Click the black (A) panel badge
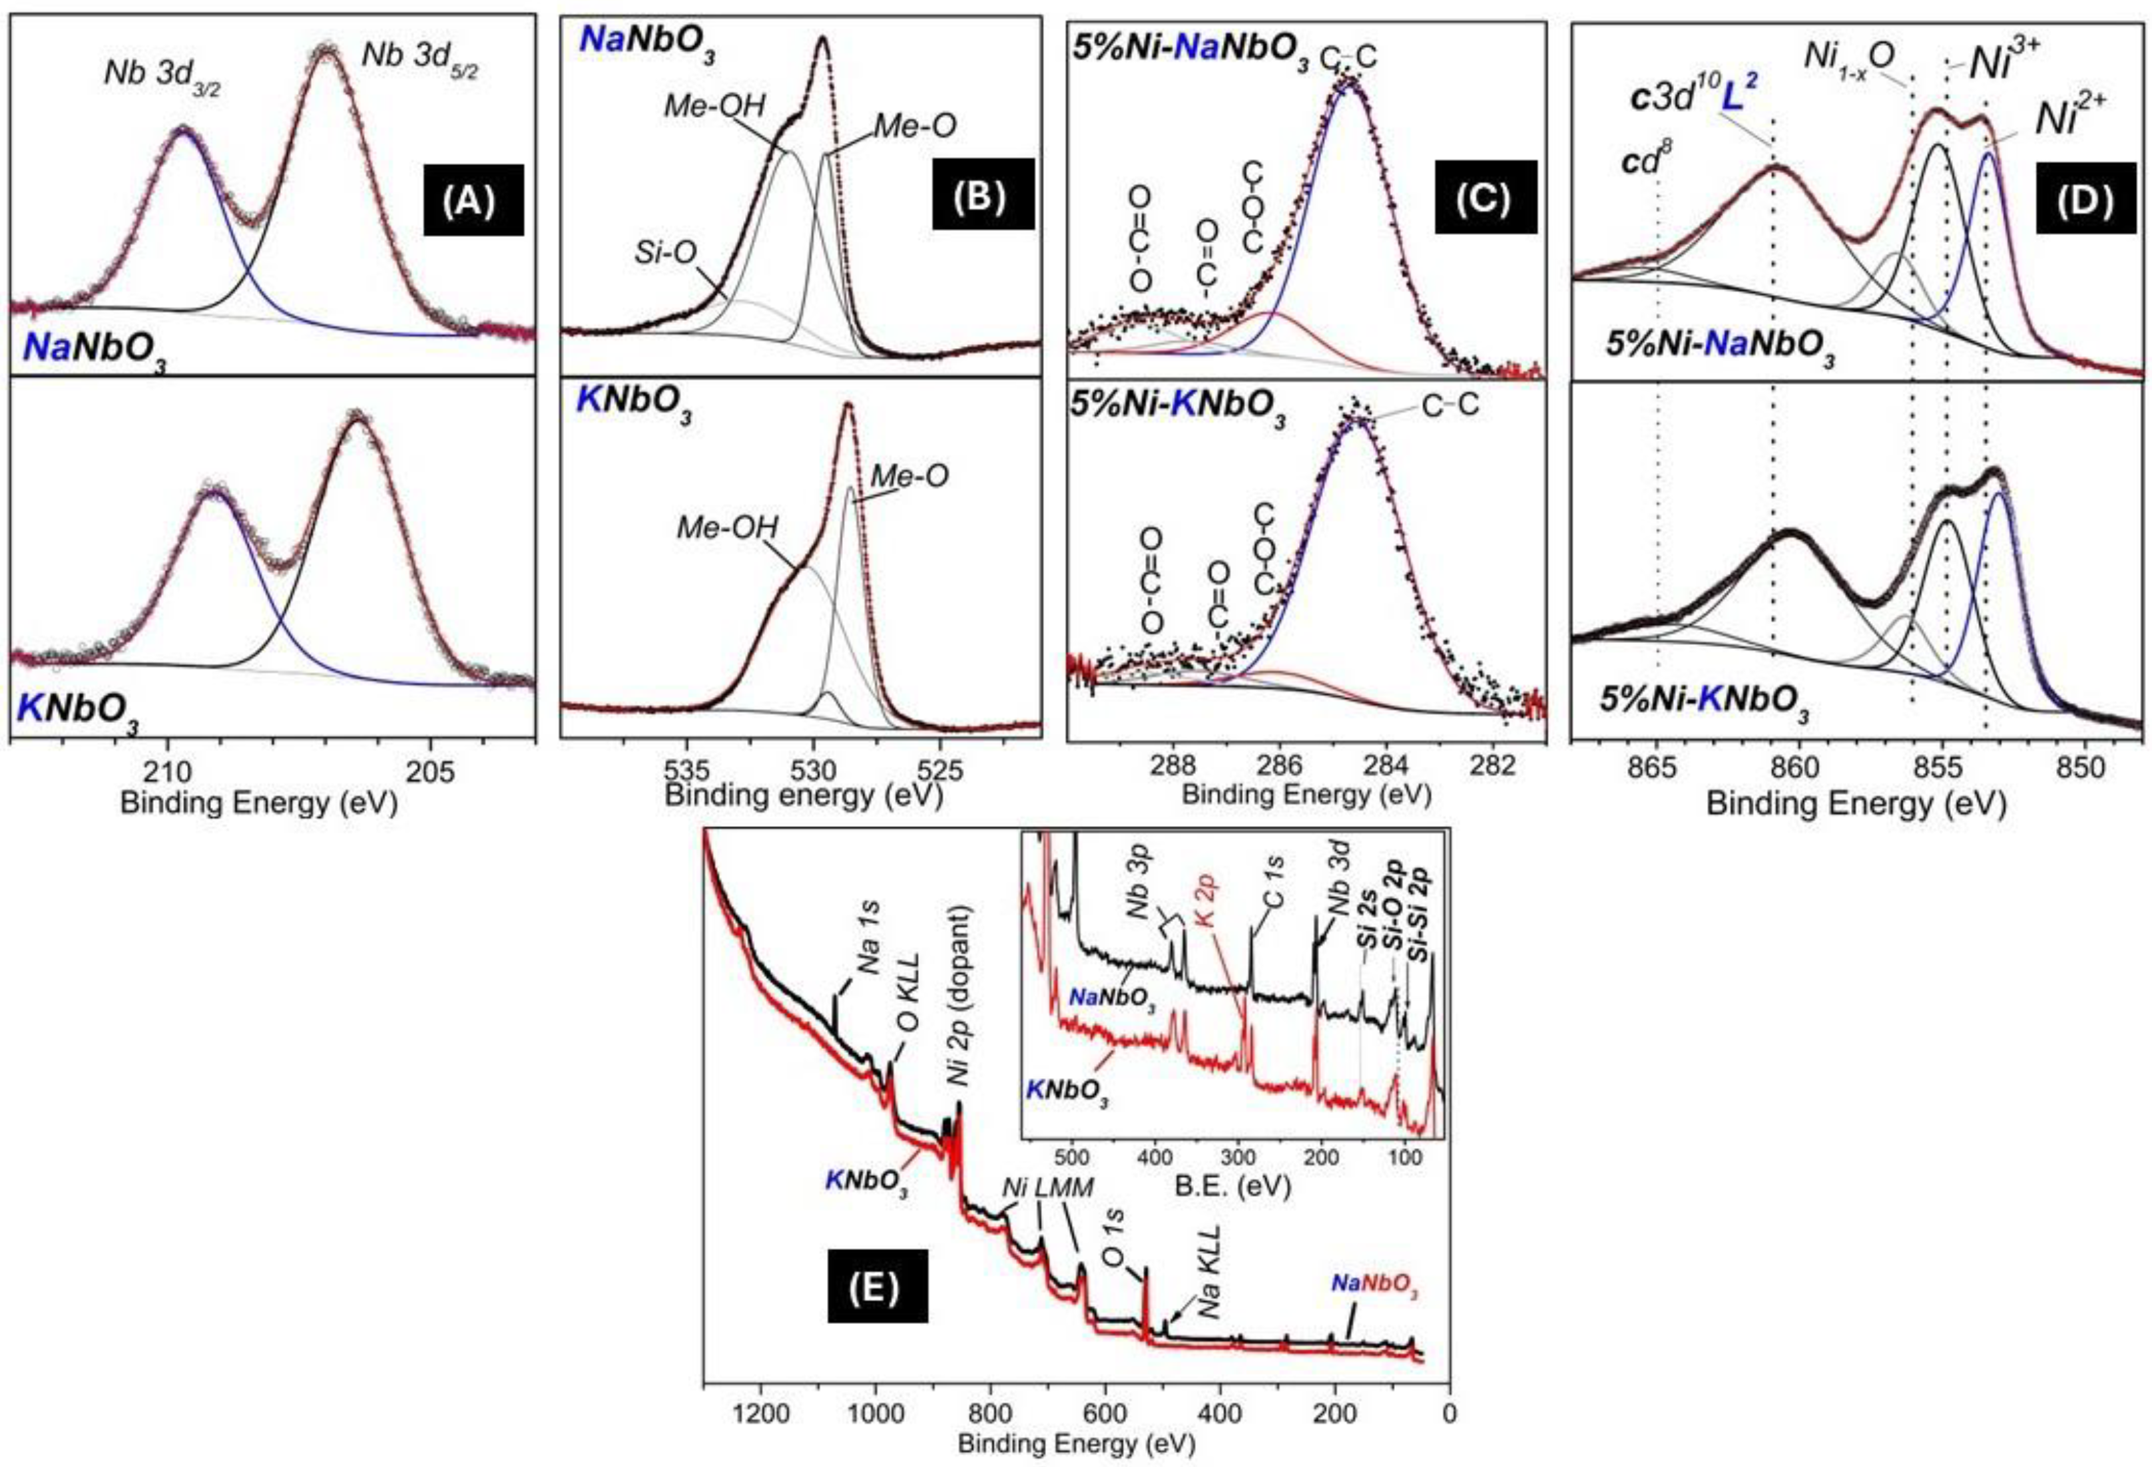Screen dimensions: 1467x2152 (x=473, y=200)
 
